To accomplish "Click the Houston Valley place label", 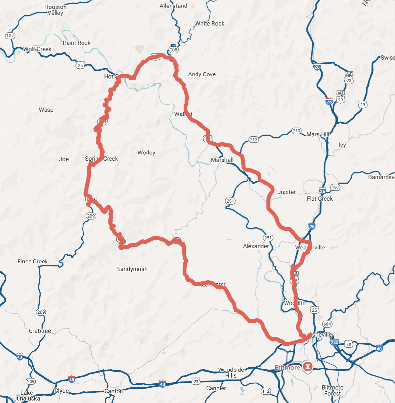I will [x=56, y=10].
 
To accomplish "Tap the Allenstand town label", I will [x=173, y=6].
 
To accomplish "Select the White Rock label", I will [x=210, y=23].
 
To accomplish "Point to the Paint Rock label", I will [x=77, y=43].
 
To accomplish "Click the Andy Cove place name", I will [x=202, y=74].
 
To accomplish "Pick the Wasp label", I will [x=46, y=110].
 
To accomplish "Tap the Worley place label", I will [x=146, y=153].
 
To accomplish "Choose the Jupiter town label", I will [x=287, y=192].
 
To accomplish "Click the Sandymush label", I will [x=132, y=269].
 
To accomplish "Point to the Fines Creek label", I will [x=32, y=262].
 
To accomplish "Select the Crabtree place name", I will [x=40, y=331].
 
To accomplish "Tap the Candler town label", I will [x=216, y=388].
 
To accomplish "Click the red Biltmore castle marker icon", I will [x=307, y=367].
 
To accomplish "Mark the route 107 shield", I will [x=10, y=36].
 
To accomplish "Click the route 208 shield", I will [x=173, y=50].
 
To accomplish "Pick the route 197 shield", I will [x=335, y=187].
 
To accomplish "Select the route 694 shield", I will [x=327, y=324].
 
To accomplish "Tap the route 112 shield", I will [x=266, y=391].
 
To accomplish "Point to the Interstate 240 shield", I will [x=335, y=343].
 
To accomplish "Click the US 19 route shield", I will [x=363, y=104].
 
